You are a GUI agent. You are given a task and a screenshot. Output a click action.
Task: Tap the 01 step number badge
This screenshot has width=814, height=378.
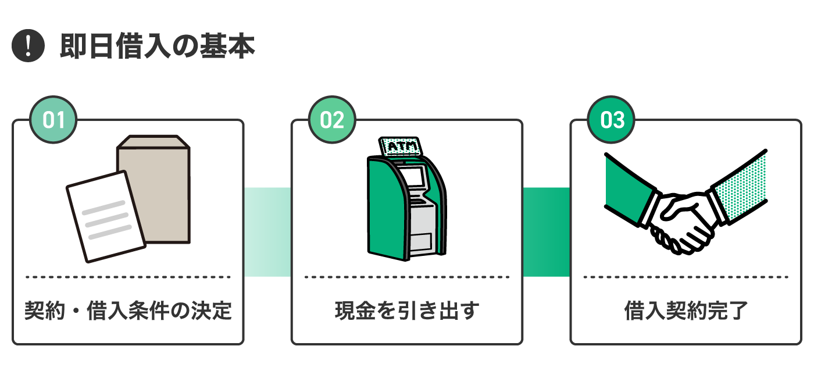pos(53,120)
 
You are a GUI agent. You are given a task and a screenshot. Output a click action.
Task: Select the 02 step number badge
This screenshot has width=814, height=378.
pos(332,120)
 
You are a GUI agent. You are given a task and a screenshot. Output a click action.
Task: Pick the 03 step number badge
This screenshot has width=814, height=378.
pos(611,120)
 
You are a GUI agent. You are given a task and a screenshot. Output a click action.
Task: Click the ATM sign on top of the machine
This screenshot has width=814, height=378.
pos(401,147)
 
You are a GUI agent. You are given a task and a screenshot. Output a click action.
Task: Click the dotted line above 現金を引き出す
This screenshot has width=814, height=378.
pos(406,277)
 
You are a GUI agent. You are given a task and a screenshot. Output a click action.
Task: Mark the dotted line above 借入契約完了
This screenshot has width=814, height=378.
pos(686,277)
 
